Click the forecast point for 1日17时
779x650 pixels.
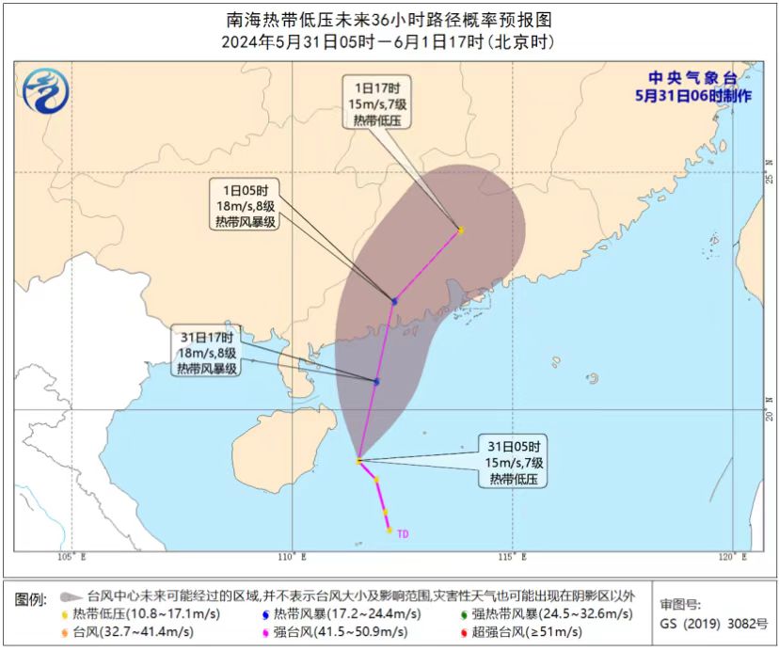click(x=460, y=230)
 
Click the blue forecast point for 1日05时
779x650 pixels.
click(x=394, y=301)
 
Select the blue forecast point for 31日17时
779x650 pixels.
click(x=376, y=381)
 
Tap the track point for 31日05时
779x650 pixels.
click(x=358, y=461)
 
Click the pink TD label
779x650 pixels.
click(x=403, y=534)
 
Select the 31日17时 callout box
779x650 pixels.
click(x=207, y=352)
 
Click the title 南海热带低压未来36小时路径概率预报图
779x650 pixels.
click(x=389, y=19)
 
